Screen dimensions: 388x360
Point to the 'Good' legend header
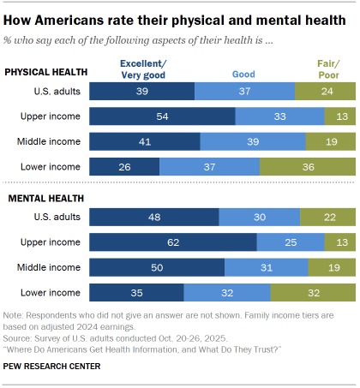(x=243, y=75)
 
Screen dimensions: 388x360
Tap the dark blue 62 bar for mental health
(x=173, y=242)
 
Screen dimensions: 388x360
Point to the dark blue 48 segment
(x=154, y=218)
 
